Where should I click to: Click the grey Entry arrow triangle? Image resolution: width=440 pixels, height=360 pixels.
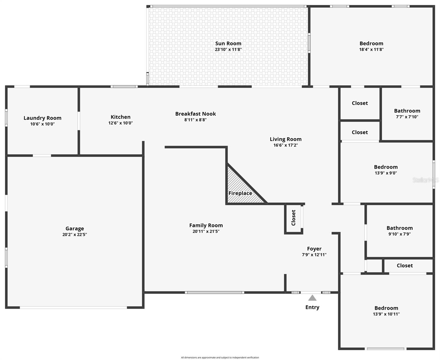(312, 298)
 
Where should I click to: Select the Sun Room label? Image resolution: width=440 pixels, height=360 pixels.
(228, 43)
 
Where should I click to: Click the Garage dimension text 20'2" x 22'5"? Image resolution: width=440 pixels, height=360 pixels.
(74, 235)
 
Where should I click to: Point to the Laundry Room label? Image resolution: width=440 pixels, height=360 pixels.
(42, 118)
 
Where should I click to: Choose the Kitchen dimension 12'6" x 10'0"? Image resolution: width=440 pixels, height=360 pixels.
(120, 123)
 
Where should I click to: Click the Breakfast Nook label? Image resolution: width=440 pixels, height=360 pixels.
(195, 114)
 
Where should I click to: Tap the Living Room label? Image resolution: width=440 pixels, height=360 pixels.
(285, 139)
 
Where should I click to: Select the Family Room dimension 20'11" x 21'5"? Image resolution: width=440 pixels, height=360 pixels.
(206, 231)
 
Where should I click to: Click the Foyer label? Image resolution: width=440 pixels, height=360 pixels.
(314, 249)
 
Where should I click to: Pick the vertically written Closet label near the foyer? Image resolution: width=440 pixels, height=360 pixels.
(293, 218)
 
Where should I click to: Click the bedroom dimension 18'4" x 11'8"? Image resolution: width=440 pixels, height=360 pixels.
(371, 49)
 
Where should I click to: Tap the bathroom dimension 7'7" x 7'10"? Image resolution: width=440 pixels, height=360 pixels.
(407, 117)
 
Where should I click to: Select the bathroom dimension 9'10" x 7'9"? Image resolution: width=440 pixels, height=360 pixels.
(399, 234)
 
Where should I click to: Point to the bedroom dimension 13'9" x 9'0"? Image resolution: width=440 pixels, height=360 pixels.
(386, 173)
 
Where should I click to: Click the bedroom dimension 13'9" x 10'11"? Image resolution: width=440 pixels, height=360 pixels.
(386, 314)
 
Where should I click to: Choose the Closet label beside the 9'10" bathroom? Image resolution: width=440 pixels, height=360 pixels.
(405, 265)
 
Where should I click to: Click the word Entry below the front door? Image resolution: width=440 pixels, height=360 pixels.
(312, 307)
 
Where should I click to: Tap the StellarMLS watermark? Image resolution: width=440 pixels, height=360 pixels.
(425, 180)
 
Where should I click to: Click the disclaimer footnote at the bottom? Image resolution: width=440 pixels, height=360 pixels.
(220, 358)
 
